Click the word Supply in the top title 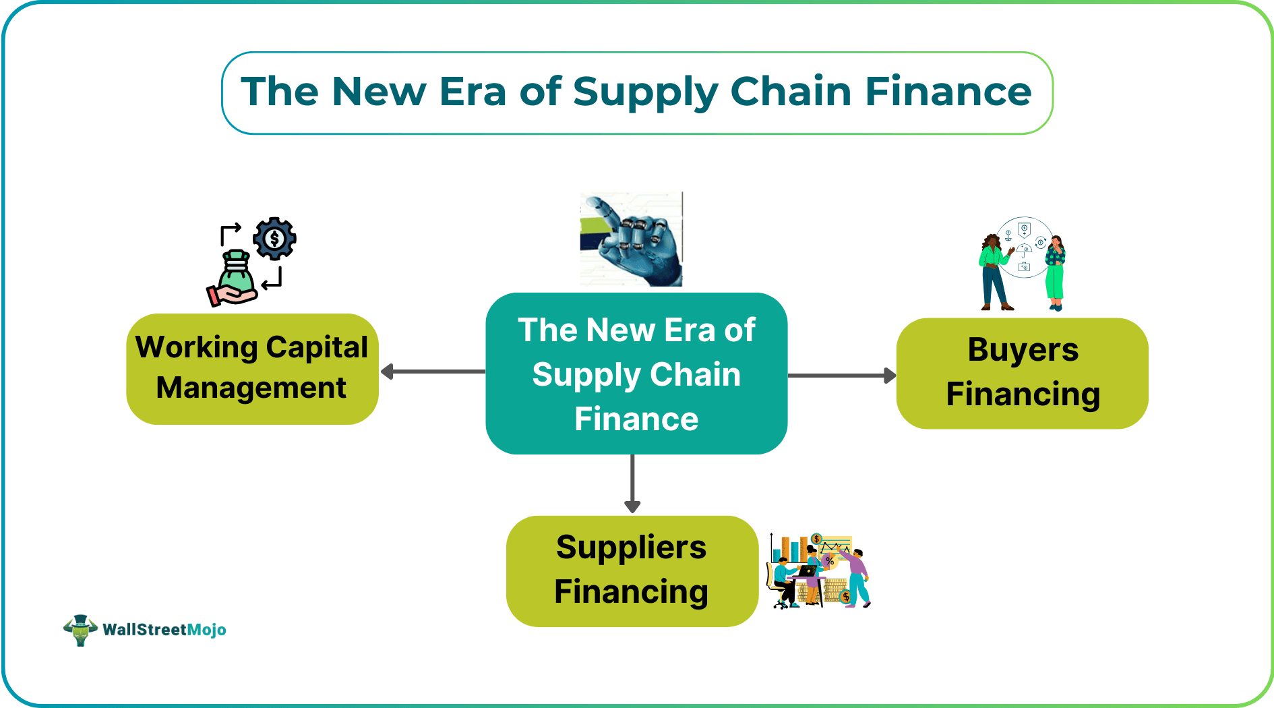(x=644, y=92)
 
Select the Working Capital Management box (x=252, y=369)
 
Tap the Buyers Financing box (x=1022, y=373)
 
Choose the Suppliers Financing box (x=632, y=570)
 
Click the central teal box (x=636, y=374)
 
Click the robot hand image (x=631, y=239)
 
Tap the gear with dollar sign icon (x=274, y=238)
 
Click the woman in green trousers (x=1055, y=273)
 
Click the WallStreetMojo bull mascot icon (x=80, y=630)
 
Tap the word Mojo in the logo (x=206, y=630)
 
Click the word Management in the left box (x=251, y=388)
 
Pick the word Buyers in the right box (x=1023, y=350)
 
